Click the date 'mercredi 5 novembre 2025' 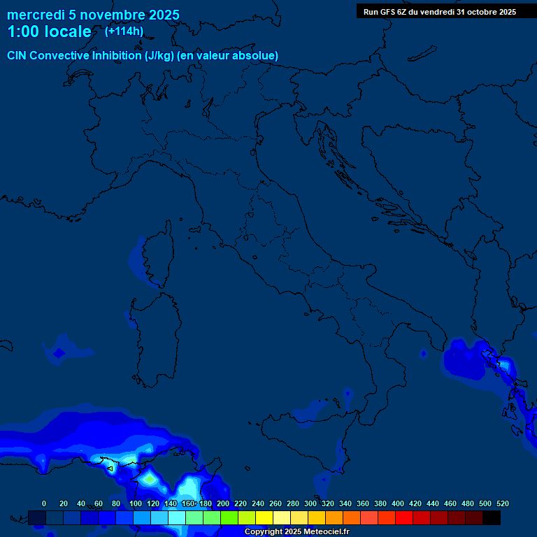[x=93, y=15]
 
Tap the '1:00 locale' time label [x=49, y=31]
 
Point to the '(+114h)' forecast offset [x=124, y=31]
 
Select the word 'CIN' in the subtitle [x=17, y=55]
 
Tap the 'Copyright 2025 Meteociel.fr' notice [x=296, y=531]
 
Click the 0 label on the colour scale [x=44, y=503]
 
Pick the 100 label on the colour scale [x=135, y=503]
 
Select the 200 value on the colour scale [x=223, y=503]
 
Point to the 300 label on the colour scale [x=310, y=503]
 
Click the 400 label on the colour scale [x=398, y=503]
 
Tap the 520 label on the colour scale [x=502, y=503]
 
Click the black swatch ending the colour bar [x=492, y=517]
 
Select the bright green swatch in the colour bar [x=229, y=517]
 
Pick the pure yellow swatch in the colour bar [x=264, y=517]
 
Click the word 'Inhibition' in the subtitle [x=117, y=55]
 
